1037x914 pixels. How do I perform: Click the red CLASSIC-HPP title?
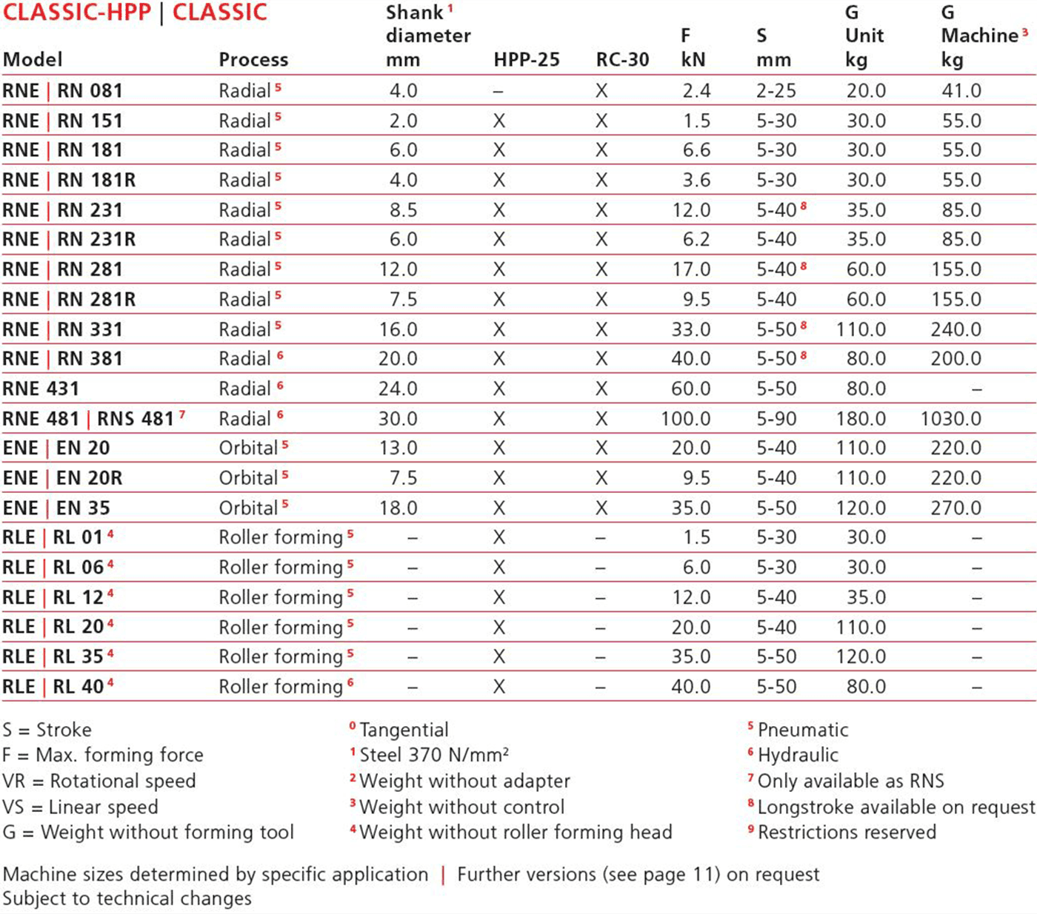coord(77,13)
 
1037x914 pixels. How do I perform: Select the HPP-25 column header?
coord(527,60)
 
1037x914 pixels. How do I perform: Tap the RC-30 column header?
coord(622,60)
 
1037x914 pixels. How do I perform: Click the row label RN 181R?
coord(96,180)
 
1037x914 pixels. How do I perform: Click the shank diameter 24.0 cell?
coord(398,389)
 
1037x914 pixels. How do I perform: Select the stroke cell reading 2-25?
coord(776,91)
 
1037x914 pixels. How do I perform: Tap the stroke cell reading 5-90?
coord(776,419)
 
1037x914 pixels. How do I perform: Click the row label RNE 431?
coord(41,389)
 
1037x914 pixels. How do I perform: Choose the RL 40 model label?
coord(78,687)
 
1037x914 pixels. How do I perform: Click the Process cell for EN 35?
coord(249,508)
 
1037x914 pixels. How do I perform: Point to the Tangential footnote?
coord(404,730)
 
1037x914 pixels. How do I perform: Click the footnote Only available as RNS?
coord(850,782)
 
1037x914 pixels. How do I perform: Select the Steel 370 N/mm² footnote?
coord(434,756)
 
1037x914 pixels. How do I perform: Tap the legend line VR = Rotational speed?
coord(99,782)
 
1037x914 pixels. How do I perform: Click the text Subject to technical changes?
coord(127,898)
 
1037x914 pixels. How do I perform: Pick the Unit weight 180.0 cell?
coord(861,419)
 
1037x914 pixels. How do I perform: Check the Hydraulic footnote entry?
coord(798,756)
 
